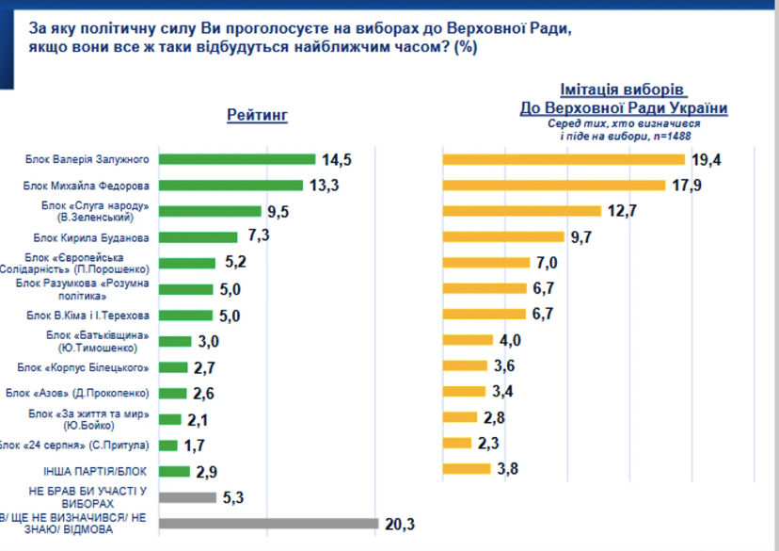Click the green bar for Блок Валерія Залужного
click(x=237, y=159)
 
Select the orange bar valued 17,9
click(x=554, y=185)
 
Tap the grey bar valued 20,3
click(x=269, y=524)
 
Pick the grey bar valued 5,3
click(x=188, y=497)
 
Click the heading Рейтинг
click(x=258, y=115)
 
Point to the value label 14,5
click(x=336, y=159)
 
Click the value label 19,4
click(x=706, y=159)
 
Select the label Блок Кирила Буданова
click(x=91, y=237)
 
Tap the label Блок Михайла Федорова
click(x=86, y=186)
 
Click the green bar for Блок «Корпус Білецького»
click(x=173, y=367)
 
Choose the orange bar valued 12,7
click(x=521, y=211)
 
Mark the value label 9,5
click(x=278, y=212)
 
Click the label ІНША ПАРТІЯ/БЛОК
click(x=95, y=471)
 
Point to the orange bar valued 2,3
click(x=456, y=443)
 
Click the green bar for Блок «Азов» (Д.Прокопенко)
click(x=173, y=393)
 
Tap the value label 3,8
click(x=507, y=469)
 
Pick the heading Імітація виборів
click(x=623, y=89)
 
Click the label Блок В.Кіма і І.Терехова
click(x=87, y=316)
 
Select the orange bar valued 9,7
click(x=503, y=236)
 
